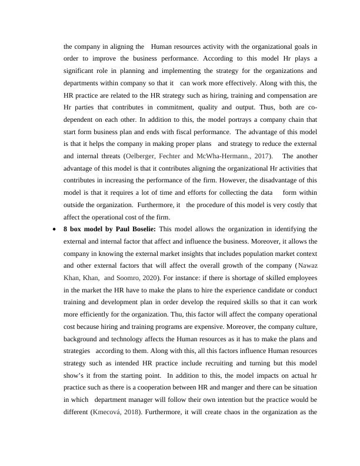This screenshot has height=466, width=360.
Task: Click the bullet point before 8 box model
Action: coord(55,229)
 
